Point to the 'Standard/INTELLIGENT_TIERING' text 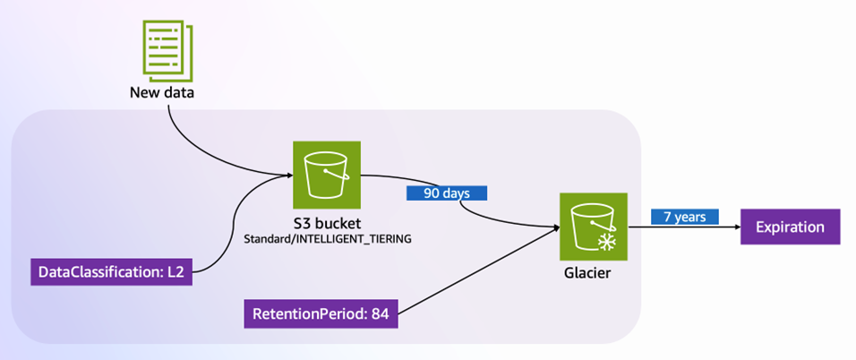[327, 239]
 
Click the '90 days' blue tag [446, 193]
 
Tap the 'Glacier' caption [594, 273]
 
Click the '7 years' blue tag [685, 217]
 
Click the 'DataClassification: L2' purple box [112, 271]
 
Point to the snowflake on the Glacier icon [608, 242]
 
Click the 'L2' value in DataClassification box [175, 271]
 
